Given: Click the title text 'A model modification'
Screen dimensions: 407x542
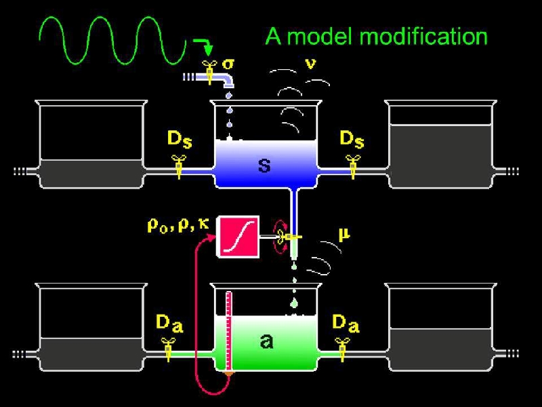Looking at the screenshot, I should pos(376,35).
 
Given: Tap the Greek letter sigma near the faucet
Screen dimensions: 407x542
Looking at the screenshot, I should pos(229,64).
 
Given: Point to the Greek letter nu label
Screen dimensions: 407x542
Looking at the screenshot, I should pos(310,64).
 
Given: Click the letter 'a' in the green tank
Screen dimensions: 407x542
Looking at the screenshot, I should pos(266,341).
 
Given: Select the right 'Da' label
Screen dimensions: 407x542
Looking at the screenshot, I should pos(344,324).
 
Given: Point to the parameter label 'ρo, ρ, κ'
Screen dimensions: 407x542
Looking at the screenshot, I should pos(178,225).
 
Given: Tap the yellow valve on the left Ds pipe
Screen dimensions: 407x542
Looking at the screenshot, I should pos(180,166).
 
